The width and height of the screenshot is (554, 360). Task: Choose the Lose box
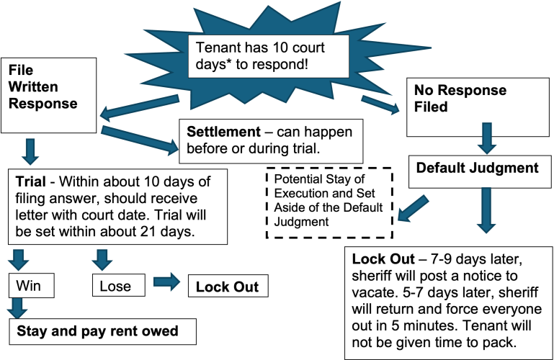(x=115, y=286)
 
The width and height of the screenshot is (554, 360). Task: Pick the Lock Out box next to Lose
(x=228, y=286)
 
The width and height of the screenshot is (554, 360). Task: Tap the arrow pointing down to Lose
(x=103, y=257)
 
